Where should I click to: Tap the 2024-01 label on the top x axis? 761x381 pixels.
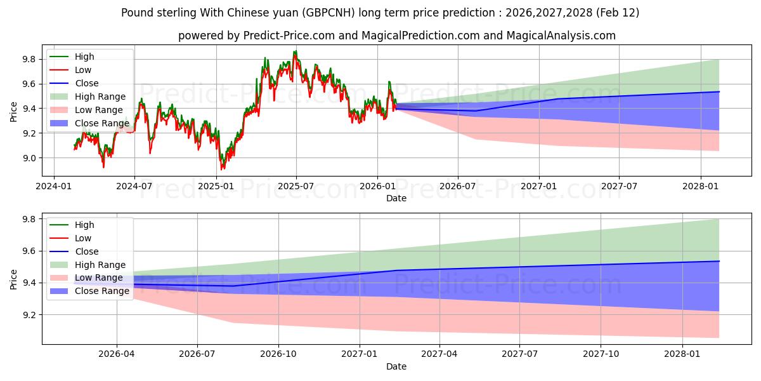(53, 186)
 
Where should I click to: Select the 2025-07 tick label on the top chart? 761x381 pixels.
(296, 186)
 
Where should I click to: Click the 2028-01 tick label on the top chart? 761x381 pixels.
(700, 186)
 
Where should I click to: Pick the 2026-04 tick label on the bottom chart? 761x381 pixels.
(117, 354)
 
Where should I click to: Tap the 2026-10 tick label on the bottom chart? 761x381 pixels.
(279, 354)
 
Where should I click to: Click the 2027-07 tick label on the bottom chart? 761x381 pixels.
(520, 354)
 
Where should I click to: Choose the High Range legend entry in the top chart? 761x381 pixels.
(100, 97)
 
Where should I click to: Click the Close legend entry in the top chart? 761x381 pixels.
(87, 83)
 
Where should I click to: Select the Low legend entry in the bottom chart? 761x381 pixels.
(83, 238)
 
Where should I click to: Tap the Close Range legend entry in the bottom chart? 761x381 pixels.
(102, 291)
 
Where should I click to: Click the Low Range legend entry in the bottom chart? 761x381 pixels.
(99, 278)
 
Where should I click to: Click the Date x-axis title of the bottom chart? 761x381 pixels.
(396, 366)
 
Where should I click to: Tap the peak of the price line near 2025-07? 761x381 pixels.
(294, 51)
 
